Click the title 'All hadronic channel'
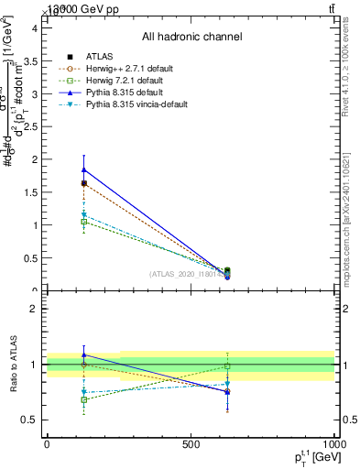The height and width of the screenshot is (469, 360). [x=191, y=37]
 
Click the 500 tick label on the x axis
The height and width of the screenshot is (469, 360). [x=191, y=444]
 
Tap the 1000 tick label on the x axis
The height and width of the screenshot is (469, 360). [x=333, y=444]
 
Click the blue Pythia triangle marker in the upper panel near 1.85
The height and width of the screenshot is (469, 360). [x=84, y=169]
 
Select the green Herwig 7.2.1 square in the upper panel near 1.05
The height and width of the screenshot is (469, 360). [x=84, y=222]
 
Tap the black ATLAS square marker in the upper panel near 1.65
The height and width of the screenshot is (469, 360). [x=84, y=183]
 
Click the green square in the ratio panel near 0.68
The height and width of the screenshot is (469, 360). [x=84, y=399]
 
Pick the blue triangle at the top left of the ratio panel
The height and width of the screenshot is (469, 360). [x=84, y=354]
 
